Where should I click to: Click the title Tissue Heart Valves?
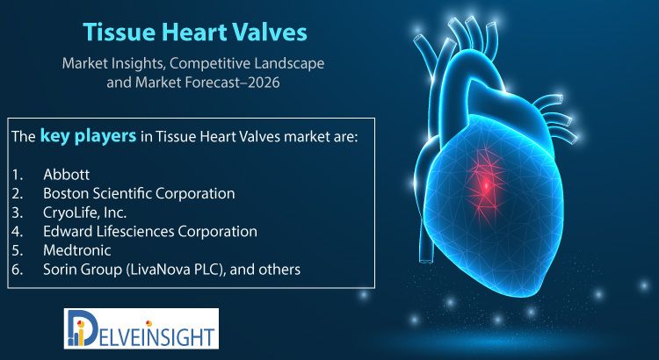pos(195,32)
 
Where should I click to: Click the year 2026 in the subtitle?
pos(264,83)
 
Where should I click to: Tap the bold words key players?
pos(88,136)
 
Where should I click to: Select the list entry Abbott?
pos(67,175)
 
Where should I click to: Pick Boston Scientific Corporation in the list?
pos(139,193)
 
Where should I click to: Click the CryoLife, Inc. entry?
pos(85,212)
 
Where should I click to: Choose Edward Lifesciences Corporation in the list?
pos(150,231)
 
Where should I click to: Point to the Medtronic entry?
pos(77,250)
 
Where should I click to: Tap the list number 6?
pos(17,270)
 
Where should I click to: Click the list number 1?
pos(16,175)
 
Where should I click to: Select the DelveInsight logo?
pos(141,328)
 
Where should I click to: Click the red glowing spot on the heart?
pos(486,184)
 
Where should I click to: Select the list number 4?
pos(17,232)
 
